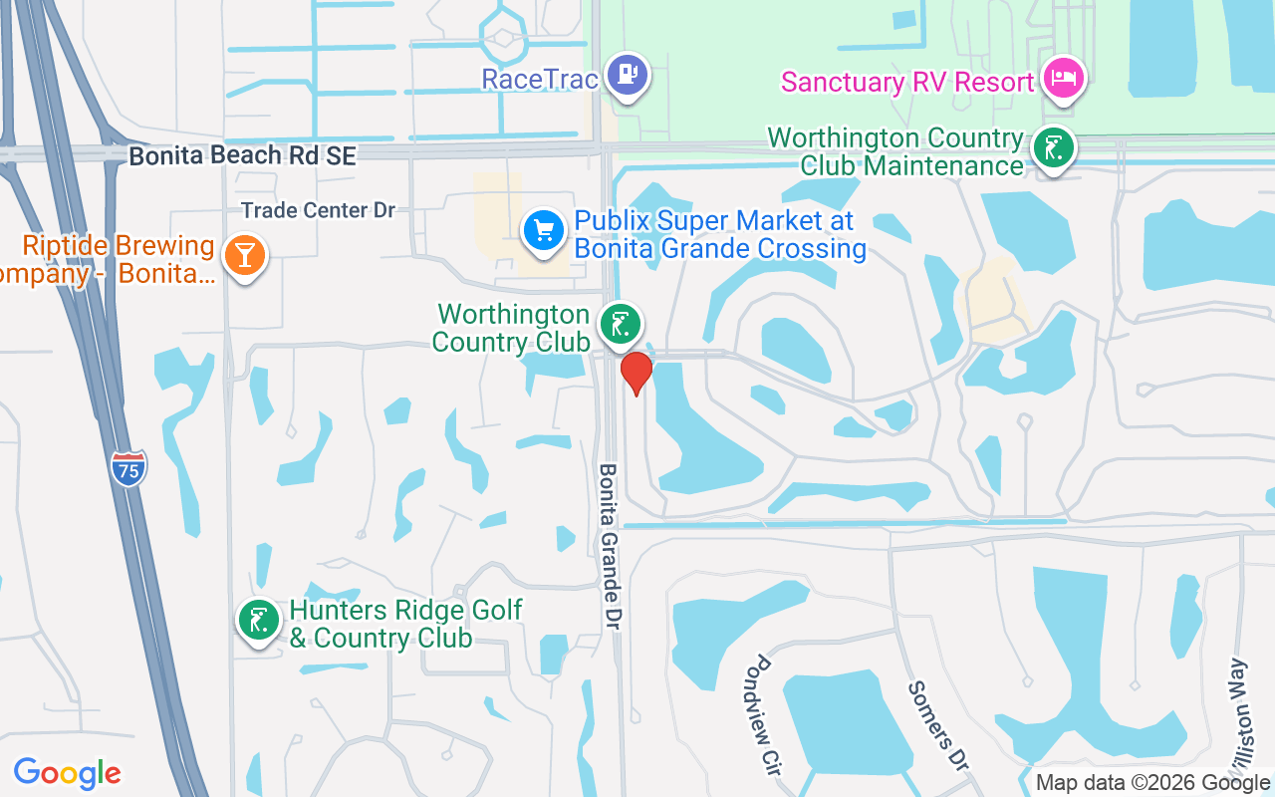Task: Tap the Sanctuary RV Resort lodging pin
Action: [1063, 78]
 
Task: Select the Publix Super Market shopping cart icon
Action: [544, 230]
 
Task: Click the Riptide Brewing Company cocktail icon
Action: [244, 255]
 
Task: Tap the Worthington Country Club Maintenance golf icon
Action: [1053, 149]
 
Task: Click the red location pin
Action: [636, 373]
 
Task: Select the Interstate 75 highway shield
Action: [128, 468]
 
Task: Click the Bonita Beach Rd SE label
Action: [242, 156]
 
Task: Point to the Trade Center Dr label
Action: [319, 210]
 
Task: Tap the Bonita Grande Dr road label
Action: [610, 546]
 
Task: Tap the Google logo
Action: [68, 772]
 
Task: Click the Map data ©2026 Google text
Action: [1153, 783]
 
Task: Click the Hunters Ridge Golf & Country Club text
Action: [404, 624]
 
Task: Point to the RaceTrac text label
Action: [540, 79]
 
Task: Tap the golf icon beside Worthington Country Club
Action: [620, 324]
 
